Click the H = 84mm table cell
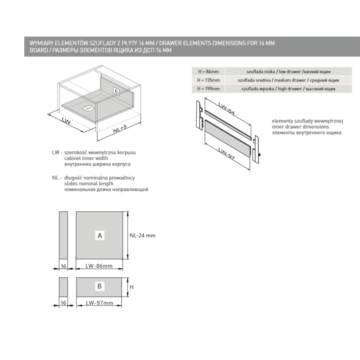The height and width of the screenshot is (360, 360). coord(208,72)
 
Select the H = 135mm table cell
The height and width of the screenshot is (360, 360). coord(208,80)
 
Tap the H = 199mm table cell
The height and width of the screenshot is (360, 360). coord(208,89)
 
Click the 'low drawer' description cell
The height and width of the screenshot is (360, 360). coord(288,72)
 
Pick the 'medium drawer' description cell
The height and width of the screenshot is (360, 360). coord(288,80)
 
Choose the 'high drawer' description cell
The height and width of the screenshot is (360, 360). coord(288,89)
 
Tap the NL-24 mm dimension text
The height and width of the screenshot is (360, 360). coord(142,235)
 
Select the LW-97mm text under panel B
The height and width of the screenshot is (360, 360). coord(99,303)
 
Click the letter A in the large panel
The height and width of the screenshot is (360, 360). coord(100,235)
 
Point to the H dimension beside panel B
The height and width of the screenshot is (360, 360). coord(132,287)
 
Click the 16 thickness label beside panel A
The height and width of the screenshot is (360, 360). coord(63,266)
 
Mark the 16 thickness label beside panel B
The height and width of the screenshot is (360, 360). coord(63,303)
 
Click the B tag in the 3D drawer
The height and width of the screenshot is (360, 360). coord(116,91)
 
